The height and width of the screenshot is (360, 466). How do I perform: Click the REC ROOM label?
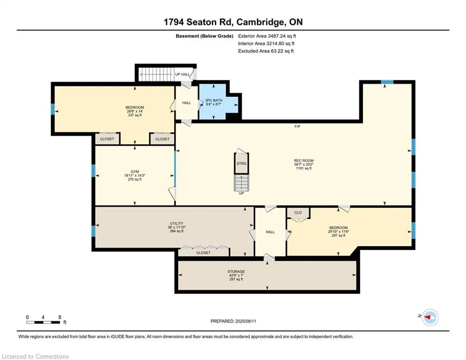(304, 161)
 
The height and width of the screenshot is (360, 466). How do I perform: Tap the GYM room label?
(134, 172)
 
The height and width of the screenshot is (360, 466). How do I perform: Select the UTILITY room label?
(177, 224)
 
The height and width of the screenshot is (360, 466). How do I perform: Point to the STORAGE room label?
(236, 271)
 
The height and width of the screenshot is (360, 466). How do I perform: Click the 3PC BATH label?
(214, 101)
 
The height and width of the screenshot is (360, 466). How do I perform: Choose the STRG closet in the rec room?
(242, 163)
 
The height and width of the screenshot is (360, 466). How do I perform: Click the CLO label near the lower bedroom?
(298, 212)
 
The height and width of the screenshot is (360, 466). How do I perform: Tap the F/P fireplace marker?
(297, 127)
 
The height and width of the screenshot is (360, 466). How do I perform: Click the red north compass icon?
(430, 317)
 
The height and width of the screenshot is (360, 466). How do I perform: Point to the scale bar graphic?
(43, 322)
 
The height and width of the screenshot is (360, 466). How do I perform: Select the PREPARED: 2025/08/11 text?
(233, 321)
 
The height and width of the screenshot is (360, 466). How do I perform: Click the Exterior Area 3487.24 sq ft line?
(267, 36)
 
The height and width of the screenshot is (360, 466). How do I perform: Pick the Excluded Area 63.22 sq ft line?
(266, 51)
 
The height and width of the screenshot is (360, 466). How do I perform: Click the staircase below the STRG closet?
(242, 183)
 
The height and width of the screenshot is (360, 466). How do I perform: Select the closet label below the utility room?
(203, 253)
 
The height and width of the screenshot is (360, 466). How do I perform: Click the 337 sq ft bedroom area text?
(134, 115)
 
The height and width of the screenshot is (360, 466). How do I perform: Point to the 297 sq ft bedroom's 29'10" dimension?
(333, 232)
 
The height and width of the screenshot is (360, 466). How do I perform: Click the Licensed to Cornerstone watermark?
(35, 356)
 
